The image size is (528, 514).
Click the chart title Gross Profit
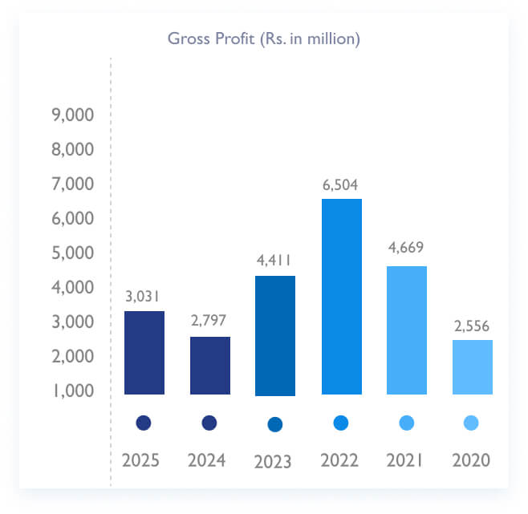(x=263, y=38)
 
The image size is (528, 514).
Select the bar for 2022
(x=341, y=296)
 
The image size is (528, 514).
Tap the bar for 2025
(x=144, y=352)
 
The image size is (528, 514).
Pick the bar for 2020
(x=472, y=366)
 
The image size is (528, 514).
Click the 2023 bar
(x=275, y=335)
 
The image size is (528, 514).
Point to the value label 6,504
(x=341, y=185)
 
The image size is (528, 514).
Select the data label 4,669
(x=406, y=247)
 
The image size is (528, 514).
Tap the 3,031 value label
(x=144, y=296)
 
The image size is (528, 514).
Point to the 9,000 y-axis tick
(x=72, y=115)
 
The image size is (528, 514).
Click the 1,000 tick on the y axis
(x=72, y=391)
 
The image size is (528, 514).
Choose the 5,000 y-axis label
(x=72, y=253)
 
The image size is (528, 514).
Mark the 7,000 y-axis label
(x=72, y=184)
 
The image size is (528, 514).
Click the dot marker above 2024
(x=209, y=423)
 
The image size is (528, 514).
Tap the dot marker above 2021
(x=406, y=423)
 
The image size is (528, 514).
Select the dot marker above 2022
(x=341, y=423)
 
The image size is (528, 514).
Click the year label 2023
(x=275, y=462)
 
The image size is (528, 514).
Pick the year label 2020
(x=472, y=461)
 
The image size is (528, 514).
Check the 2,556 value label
(x=472, y=326)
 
